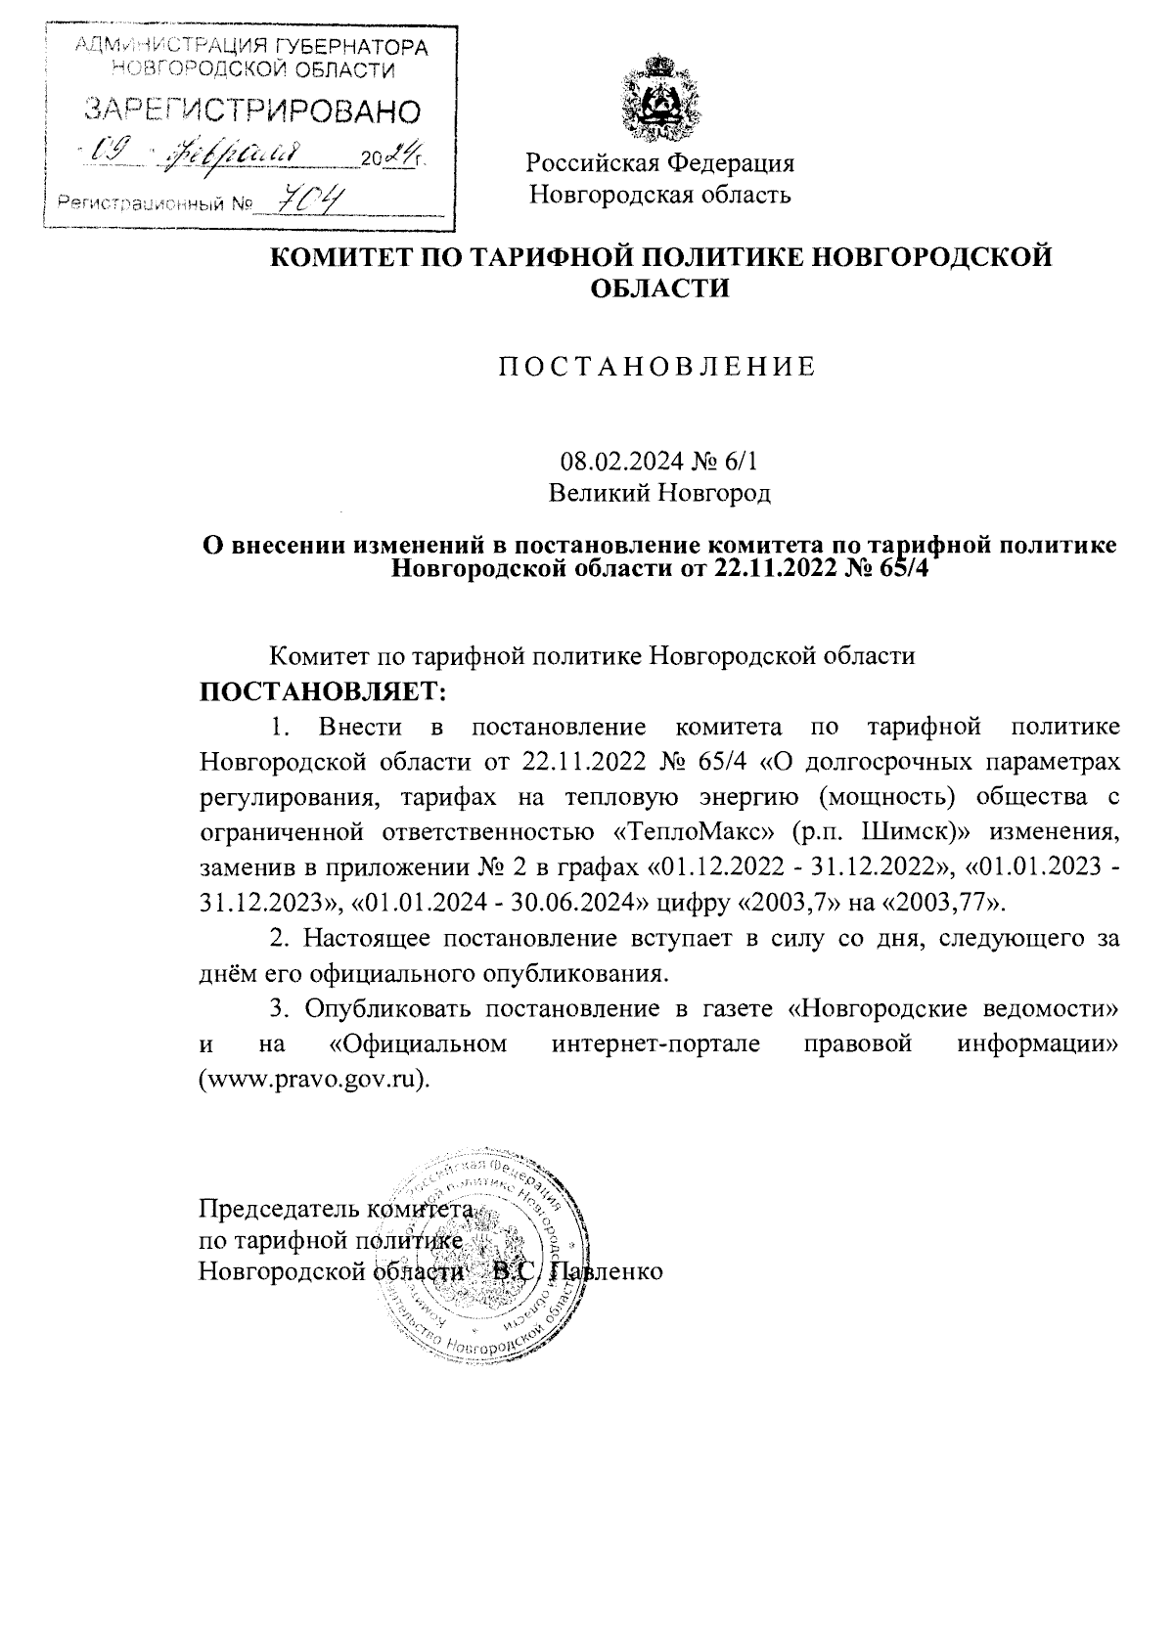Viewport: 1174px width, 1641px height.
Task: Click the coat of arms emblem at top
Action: pos(659,99)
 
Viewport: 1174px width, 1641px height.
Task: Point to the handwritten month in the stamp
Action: pos(239,155)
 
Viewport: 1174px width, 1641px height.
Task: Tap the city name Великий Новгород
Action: pos(659,492)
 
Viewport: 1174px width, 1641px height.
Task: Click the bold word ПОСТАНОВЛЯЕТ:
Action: pos(323,691)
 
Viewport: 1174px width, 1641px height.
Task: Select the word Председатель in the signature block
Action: pos(279,1209)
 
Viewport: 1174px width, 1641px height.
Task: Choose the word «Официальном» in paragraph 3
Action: pos(419,1042)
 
